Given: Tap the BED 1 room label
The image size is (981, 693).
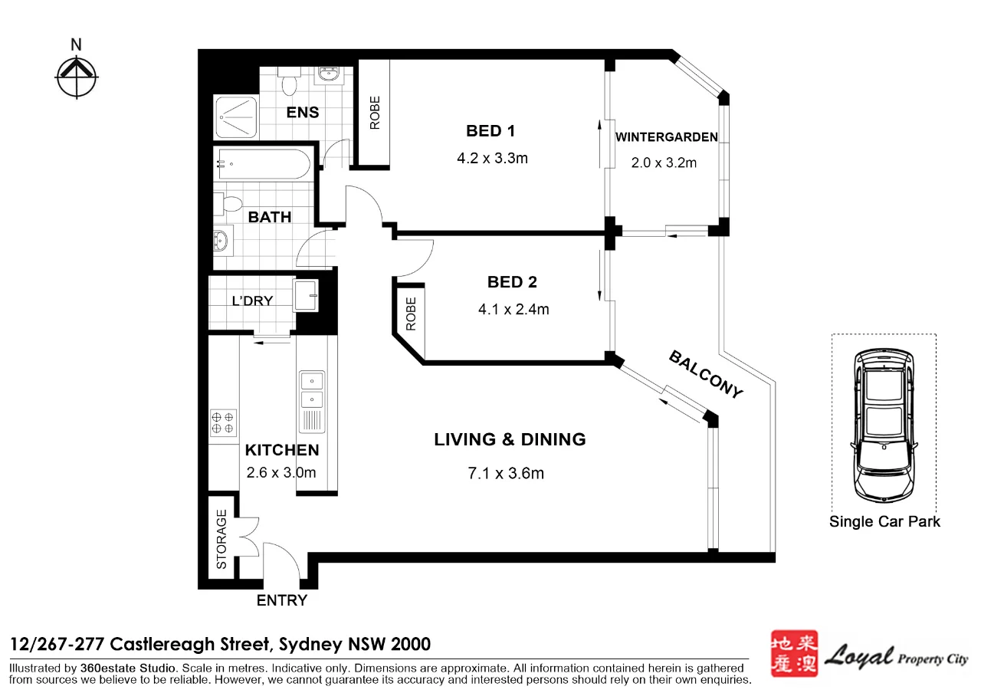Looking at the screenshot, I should click(485, 131).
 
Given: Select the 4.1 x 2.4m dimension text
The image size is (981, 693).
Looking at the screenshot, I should click(512, 310).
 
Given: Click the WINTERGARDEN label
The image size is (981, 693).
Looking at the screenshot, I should click(667, 138).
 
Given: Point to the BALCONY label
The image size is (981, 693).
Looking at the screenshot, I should click(706, 374).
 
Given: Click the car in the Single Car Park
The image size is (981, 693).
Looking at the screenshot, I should click(884, 423).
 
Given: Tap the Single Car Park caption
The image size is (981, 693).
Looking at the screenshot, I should click(884, 522).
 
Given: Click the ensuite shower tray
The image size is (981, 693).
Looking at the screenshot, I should click(237, 118).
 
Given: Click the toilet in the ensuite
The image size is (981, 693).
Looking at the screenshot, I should click(290, 81).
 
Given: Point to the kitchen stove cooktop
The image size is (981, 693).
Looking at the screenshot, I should click(223, 423).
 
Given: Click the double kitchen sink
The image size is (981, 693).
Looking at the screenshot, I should click(312, 390).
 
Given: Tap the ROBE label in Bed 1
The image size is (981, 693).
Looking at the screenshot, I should click(375, 113).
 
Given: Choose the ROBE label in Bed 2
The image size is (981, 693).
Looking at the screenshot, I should click(411, 314).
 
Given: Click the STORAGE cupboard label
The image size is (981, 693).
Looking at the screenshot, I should click(221, 540).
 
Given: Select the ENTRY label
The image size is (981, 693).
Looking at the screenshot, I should click(281, 601).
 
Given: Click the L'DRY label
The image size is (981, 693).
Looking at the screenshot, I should click(252, 301).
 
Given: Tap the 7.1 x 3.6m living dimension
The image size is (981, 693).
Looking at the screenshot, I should click(506, 474).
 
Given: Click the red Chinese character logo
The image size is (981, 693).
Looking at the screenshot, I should click(792, 653).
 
